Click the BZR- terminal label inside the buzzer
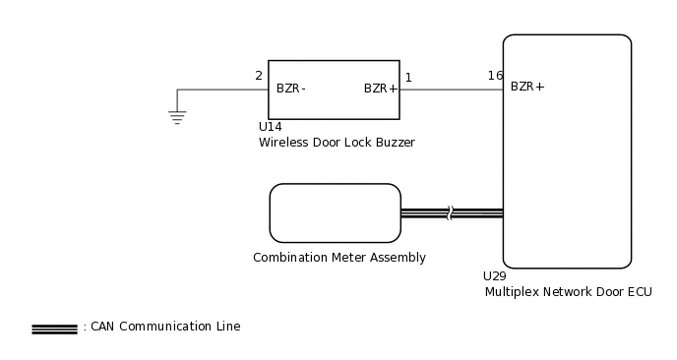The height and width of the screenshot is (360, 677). pos(290,89)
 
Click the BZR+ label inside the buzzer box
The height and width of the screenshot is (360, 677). pos(381,89)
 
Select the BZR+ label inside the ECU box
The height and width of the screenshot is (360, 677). pos(527,87)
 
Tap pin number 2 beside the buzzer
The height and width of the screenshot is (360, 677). pos(259,76)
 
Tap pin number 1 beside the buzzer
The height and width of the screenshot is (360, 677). pos(408,76)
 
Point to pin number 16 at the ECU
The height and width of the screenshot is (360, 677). pos(495,76)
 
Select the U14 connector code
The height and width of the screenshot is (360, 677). pos(270,127)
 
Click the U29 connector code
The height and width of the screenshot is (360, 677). pos(494,276)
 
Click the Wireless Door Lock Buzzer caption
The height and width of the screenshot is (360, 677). pos(337,143)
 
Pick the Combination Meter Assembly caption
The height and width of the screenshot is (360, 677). pos(338,258)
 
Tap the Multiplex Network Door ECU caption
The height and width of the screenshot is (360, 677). pos(568,292)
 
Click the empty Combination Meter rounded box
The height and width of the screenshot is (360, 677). pos(335,212)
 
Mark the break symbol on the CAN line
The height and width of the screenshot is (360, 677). pos(450,212)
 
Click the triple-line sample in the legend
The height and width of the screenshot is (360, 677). pos(54,329)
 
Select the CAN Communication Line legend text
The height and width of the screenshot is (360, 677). pos(165,327)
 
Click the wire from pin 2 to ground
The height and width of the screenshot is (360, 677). pos(221,90)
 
